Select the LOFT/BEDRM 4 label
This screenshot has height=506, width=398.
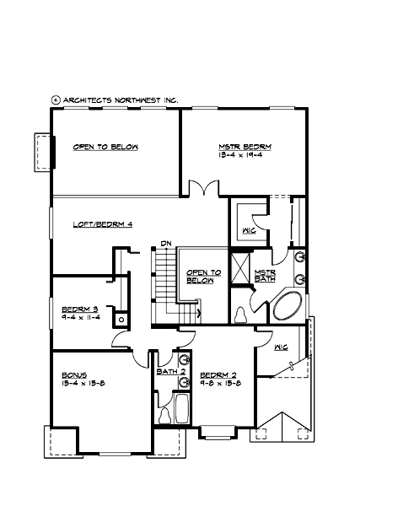point(104,223)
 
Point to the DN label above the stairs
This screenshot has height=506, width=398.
point(166,244)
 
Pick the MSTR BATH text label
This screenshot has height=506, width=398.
point(265,276)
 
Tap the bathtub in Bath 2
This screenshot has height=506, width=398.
point(164,413)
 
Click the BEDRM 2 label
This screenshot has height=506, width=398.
point(218,373)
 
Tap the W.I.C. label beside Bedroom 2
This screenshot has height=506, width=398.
point(281,346)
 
